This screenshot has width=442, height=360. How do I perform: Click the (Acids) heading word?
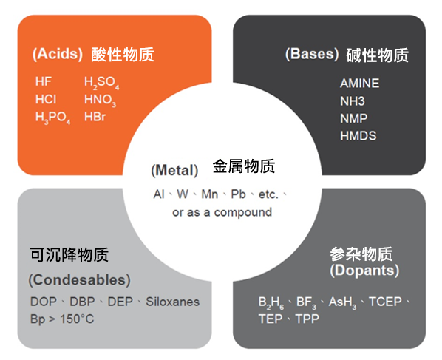58,54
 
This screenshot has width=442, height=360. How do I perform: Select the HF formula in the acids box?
43,81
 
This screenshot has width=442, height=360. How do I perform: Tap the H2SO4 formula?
102,83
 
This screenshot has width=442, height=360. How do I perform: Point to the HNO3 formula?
100,101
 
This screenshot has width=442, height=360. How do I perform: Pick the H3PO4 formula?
52,118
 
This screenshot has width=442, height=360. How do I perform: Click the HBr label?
95,117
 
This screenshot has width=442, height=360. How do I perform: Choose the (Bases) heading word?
312,54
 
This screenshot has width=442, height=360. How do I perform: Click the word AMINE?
360,84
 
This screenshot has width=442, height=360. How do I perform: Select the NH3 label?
353,101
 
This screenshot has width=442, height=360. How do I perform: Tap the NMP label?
354,118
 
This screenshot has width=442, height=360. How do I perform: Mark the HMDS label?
358,136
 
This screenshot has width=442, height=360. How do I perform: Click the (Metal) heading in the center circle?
174,170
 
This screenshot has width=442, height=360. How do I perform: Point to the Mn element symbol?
210,194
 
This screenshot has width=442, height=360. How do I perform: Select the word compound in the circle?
243,212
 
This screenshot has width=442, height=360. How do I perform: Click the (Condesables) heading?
80,280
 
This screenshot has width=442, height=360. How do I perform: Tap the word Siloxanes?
172,302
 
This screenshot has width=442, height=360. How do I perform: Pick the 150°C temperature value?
77,319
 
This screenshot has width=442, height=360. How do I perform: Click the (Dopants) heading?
364,271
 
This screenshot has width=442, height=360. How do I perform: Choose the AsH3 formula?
342,303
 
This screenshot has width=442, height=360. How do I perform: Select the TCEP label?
385,302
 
